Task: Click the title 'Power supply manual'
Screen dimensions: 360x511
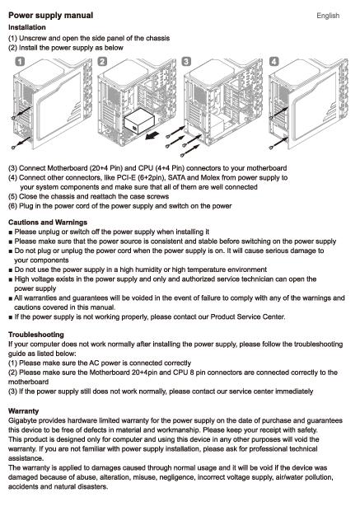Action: click(50, 16)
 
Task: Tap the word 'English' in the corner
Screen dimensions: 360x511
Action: click(328, 16)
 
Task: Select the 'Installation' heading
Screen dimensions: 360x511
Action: click(27, 27)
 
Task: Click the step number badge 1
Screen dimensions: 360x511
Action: click(21, 61)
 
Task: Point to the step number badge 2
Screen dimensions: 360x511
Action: click(102, 61)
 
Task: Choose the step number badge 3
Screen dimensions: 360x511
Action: click(186, 61)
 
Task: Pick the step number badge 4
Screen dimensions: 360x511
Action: click(274, 61)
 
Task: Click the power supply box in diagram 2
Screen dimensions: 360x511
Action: click(139, 120)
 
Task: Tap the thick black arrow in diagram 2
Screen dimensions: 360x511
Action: click(152, 135)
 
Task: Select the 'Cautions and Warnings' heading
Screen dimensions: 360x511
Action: click(48, 223)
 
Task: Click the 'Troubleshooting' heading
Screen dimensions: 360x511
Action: click(36, 335)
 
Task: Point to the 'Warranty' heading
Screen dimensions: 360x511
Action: click(23, 411)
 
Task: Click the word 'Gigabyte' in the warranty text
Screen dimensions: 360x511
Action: click(22, 420)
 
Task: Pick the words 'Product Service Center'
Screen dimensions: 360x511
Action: click(248, 316)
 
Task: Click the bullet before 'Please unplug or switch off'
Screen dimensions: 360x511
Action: click(11, 232)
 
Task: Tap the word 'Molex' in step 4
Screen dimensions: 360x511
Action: click(210, 177)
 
